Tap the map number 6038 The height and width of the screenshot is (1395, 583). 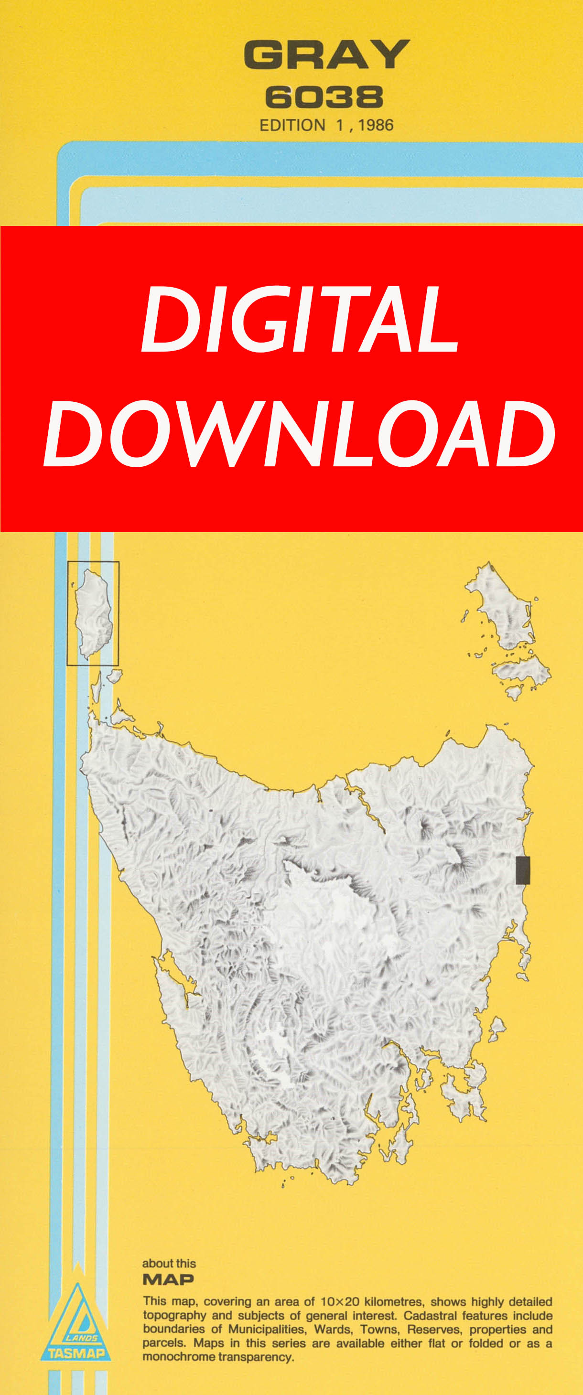(x=324, y=97)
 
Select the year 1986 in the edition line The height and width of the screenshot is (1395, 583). (x=376, y=126)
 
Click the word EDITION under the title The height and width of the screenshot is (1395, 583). (x=292, y=126)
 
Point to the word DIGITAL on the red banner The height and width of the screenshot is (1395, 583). (x=300, y=319)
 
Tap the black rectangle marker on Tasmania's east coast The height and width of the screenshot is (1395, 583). (x=522, y=870)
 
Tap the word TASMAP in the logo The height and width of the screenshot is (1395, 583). (x=76, y=1354)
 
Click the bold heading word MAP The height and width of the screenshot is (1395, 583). (x=168, y=1280)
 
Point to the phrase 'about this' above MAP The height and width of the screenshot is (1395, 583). (x=169, y=1264)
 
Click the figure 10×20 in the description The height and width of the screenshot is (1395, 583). (x=340, y=1302)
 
